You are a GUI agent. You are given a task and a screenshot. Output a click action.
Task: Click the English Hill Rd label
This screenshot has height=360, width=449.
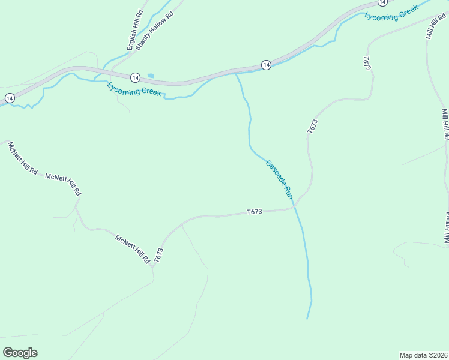coord(134,30)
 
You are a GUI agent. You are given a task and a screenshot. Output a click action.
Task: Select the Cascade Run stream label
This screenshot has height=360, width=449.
coord(279,179)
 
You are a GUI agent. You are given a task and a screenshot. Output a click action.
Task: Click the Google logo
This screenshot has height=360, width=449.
coord(20,353)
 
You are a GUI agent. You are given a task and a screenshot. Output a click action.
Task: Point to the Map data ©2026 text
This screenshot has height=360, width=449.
coord(424,355)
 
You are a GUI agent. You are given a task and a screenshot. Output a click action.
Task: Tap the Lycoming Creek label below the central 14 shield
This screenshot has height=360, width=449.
coord(134,90)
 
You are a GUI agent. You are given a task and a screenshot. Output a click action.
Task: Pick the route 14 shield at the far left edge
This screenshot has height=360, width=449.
coord(9,97)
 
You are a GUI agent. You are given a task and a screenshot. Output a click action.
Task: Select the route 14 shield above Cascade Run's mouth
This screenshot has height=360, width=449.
coord(266,65)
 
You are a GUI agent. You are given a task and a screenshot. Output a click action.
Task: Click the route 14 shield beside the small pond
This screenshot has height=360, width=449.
coord(135,77)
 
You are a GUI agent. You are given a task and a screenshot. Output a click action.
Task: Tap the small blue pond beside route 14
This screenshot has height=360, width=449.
coord(149,76)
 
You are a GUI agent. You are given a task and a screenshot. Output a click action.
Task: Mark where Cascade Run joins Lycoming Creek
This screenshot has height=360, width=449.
coord(237,74)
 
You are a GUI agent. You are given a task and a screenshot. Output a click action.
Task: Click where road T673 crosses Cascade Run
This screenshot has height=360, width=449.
coord(295,208)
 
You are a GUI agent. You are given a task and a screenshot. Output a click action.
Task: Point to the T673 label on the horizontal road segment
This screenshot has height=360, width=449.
coord(255,212)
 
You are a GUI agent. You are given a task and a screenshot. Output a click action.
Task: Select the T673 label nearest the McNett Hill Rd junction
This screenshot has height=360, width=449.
coord(158,256)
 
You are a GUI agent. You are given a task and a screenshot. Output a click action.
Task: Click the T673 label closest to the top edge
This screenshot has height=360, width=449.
coord(367,64)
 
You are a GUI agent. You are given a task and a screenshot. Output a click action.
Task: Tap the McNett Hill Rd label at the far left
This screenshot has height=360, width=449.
coord(23,158)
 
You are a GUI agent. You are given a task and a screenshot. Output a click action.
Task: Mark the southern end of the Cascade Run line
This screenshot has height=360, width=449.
coord(307,319)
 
